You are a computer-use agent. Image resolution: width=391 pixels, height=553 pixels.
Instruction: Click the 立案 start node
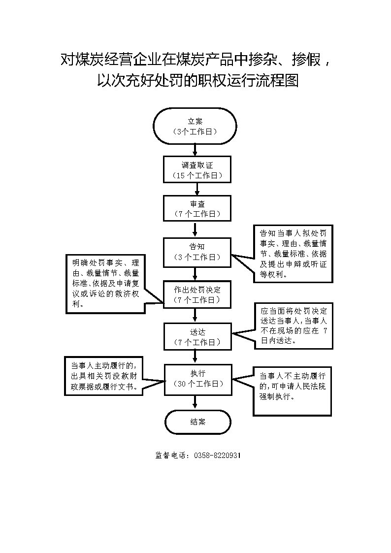click(x=195, y=126)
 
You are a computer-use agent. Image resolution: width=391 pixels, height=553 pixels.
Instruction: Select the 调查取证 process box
click(x=197, y=169)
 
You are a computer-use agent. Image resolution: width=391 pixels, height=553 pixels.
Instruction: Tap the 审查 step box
click(x=197, y=208)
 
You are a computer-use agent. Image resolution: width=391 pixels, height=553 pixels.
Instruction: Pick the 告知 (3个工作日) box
click(x=197, y=252)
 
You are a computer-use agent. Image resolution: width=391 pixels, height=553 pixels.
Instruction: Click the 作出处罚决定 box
click(x=197, y=294)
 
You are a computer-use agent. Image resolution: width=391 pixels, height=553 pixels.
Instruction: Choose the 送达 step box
click(x=198, y=337)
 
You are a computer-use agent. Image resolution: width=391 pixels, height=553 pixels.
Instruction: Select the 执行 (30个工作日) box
click(x=198, y=379)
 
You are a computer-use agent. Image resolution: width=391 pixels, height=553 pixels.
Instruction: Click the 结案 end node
click(x=198, y=422)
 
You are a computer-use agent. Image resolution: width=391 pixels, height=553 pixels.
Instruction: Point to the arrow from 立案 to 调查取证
click(x=195, y=150)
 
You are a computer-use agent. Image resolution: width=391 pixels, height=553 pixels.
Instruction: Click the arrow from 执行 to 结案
click(x=195, y=402)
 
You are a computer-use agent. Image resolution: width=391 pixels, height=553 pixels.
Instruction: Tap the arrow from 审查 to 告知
click(x=195, y=229)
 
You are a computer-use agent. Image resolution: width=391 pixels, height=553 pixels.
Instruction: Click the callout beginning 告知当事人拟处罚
click(x=293, y=254)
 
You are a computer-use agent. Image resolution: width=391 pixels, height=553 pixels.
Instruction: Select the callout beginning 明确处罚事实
click(x=105, y=284)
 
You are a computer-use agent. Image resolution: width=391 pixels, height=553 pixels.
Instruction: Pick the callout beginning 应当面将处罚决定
click(x=293, y=326)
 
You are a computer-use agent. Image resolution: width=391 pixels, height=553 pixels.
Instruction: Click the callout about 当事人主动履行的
click(x=103, y=376)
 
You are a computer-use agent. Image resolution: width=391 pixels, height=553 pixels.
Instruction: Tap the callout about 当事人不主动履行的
click(x=293, y=390)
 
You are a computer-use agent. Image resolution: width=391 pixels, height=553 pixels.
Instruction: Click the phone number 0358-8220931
click(x=217, y=455)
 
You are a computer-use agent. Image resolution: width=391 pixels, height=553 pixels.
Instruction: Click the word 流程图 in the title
click(x=277, y=80)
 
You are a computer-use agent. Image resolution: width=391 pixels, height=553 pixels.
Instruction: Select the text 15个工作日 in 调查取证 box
click(x=197, y=175)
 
